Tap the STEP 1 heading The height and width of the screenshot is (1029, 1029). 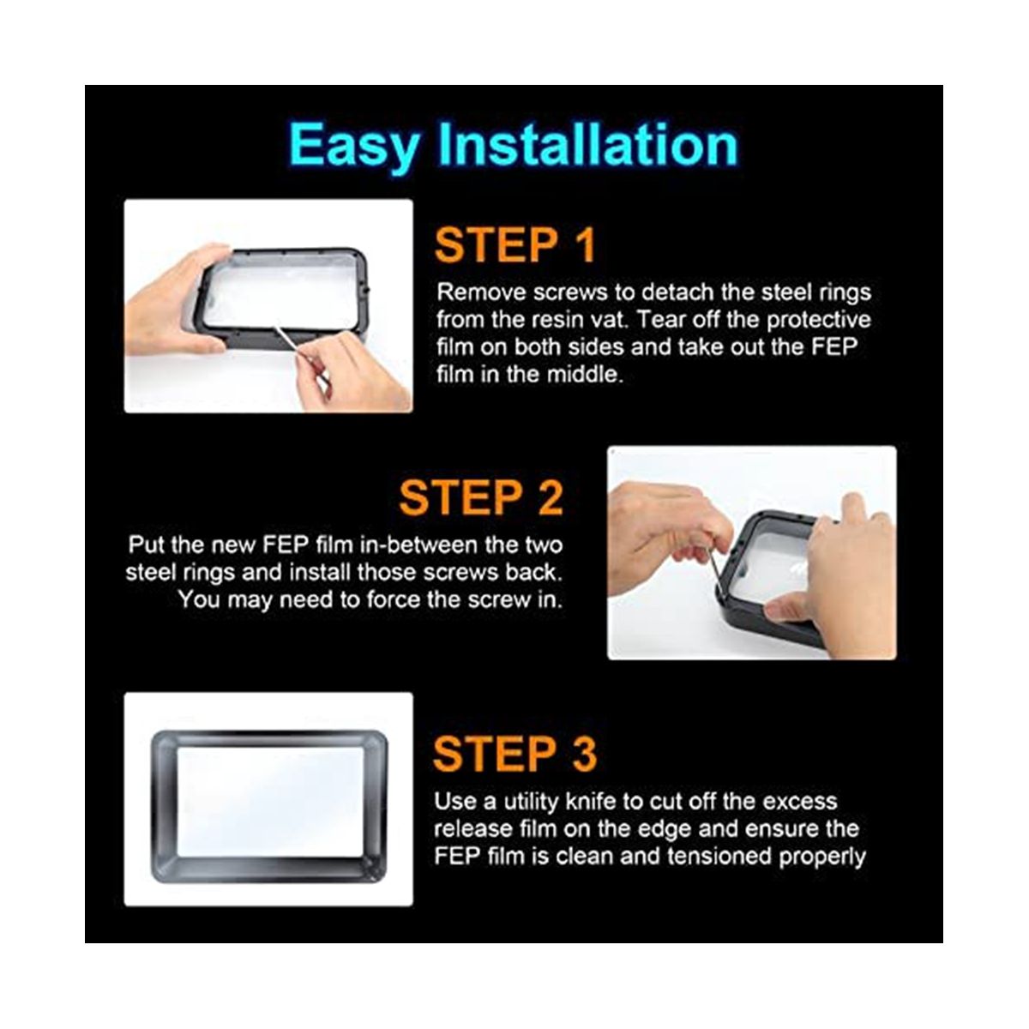(514, 245)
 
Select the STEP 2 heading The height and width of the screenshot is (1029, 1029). (481, 497)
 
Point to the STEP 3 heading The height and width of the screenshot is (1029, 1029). (514, 754)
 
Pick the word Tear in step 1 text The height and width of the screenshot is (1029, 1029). (658, 319)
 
